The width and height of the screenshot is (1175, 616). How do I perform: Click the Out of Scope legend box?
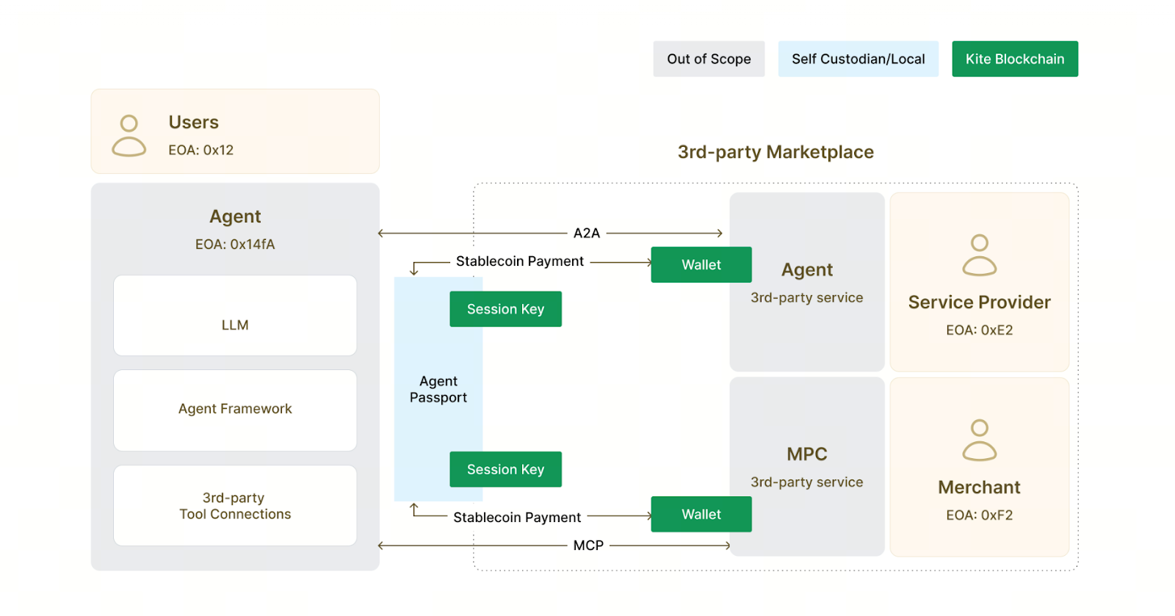(709, 59)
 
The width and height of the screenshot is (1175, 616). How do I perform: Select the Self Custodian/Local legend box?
(858, 59)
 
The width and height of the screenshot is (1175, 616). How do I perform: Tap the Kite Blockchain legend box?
(1014, 59)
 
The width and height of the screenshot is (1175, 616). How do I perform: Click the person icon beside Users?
(129, 135)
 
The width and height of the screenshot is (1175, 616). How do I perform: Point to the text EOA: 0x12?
(200, 150)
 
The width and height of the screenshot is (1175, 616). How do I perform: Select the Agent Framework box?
(235, 410)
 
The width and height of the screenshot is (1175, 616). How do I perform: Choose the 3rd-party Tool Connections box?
(235, 506)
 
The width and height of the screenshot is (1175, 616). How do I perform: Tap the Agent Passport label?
(438, 389)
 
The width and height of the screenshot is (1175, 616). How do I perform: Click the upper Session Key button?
(505, 309)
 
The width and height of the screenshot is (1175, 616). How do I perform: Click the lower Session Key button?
(505, 469)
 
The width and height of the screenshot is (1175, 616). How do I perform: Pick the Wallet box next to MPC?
(701, 514)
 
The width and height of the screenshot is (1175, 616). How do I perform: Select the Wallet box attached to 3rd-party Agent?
(701, 264)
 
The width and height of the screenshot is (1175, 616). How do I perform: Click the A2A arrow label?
(586, 233)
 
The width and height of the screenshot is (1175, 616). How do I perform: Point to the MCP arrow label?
(588, 546)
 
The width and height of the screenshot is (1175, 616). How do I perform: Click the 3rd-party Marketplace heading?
(775, 152)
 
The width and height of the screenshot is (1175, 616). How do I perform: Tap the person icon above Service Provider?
(979, 255)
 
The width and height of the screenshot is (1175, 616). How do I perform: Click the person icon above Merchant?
(979, 440)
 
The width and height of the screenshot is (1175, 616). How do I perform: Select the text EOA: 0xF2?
(979, 515)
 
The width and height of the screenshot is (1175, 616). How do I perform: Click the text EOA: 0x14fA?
(235, 244)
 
